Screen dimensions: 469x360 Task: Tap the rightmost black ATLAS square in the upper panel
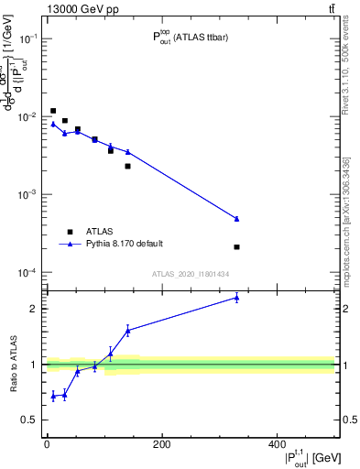(x=236, y=247)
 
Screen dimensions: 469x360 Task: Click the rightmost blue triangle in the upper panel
(x=236, y=218)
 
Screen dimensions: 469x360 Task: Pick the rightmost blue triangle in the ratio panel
(x=236, y=298)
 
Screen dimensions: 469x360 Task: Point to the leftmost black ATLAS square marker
(x=53, y=111)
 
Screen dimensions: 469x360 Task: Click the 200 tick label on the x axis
(x=162, y=443)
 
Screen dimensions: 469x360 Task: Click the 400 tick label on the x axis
(x=277, y=443)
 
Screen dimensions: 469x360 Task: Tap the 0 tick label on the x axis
(x=47, y=443)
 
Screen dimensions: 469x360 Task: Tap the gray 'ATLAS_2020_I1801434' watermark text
(x=190, y=275)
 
